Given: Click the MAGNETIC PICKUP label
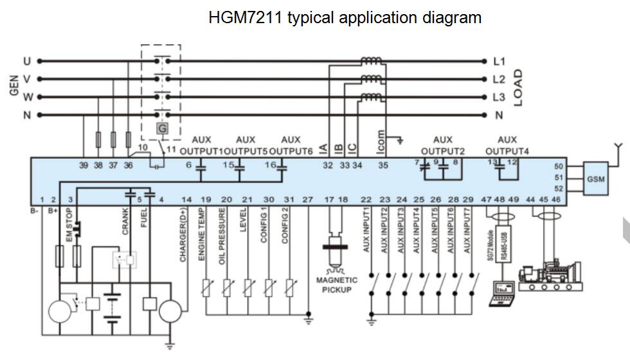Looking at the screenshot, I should click(337, 285).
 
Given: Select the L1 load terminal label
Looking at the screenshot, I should click(499, 62).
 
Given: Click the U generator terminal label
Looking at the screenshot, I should click(27, 62).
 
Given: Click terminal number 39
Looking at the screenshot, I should click(84, 165).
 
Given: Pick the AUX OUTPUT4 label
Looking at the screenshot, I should click(507, 145).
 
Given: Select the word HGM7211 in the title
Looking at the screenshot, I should click(246, 17).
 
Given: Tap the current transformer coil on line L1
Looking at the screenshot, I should click(370, 61).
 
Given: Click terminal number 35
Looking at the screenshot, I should click(383, 165).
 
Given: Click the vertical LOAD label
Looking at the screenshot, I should click(517, 88).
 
